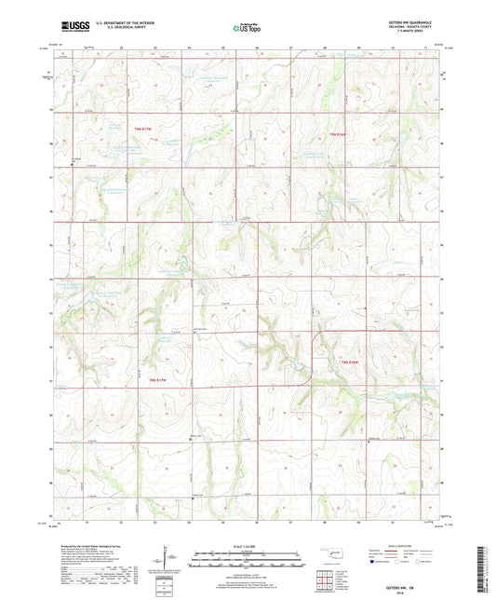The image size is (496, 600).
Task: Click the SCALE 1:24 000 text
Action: click(x=248, y=543)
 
